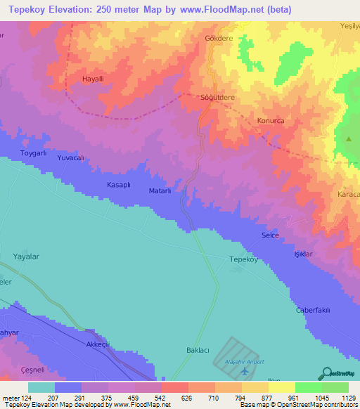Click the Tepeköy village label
coord(245,259)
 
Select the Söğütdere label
coord(217,98)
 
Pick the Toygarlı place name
coord(33,152)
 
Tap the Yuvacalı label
coord(70,159)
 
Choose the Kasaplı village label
coord(118,184)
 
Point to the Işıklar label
coord(303,253)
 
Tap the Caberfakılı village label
coord(312,310)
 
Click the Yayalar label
coord(27,257)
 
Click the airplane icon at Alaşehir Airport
coord(244,370)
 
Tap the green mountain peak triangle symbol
coord(349,138)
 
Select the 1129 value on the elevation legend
coord(348,398)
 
